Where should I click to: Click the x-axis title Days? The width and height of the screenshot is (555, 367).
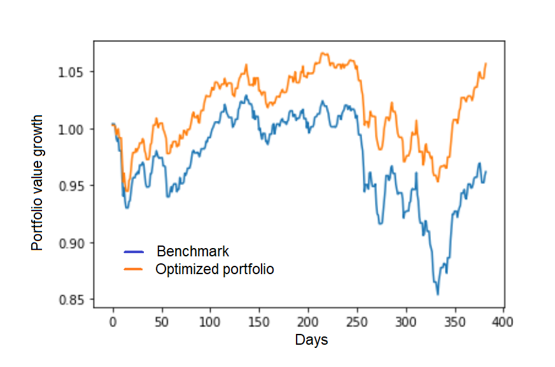311,340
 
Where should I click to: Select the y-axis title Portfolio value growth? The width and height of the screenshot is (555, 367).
38,183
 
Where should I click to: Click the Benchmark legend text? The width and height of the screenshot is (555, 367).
193,251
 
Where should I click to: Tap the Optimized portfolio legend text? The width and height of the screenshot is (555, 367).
214,270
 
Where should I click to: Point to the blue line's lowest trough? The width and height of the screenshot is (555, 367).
437,294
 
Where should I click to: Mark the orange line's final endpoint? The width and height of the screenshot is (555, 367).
486,63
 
